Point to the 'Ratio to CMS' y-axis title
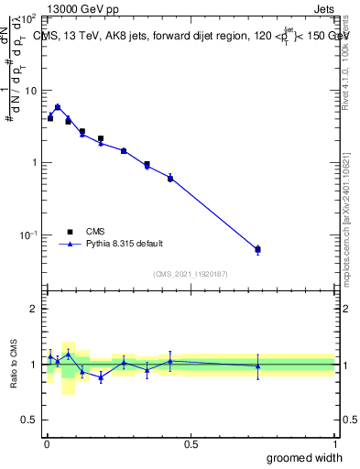[x=12, y=365]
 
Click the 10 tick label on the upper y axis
[x=30, y=91]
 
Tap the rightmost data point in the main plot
[x=257, y=249]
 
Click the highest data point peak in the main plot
[x=58, y=107]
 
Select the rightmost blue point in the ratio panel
[x=257, y=366]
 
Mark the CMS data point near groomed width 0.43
[x=170, y=178]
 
